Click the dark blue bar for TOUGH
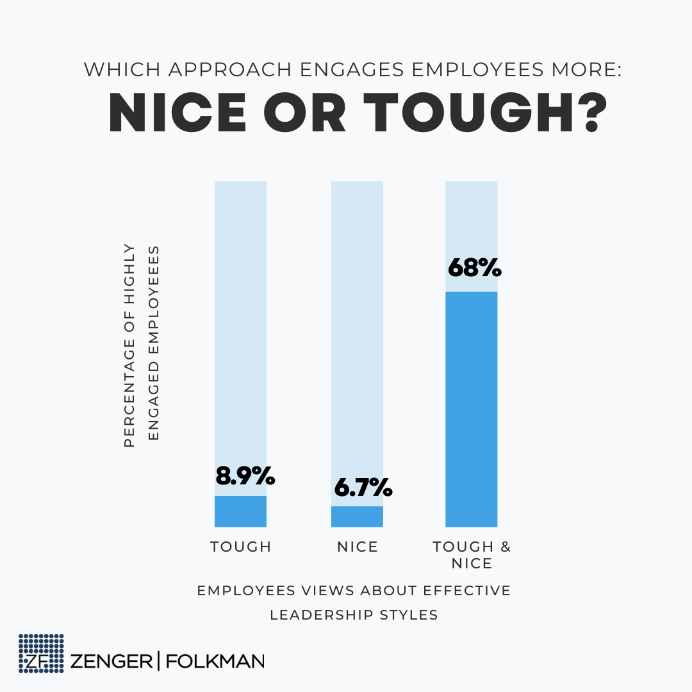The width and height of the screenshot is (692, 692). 240,511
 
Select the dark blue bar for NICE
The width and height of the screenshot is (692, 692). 357,516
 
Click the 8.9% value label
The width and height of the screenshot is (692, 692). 245,476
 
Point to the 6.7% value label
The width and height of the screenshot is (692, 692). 363,488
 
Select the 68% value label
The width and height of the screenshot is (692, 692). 474,268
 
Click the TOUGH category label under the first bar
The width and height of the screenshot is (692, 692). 241,547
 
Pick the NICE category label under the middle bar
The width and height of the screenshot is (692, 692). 358,547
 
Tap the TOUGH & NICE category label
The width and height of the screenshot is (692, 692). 472,555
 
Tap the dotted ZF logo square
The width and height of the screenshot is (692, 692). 41,654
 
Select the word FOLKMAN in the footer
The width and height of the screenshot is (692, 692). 215,661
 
